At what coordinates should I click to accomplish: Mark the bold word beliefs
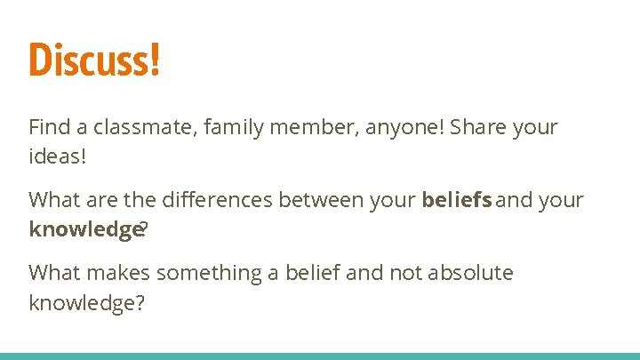click(457, 200)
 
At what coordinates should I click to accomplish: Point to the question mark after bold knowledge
click(145, 228)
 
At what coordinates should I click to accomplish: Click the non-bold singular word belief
click(312, 273)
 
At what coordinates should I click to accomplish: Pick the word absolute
click(470, 273)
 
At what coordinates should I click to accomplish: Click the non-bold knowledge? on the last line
click(87, 302)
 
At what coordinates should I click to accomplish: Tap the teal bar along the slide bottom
click(320, 356)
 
